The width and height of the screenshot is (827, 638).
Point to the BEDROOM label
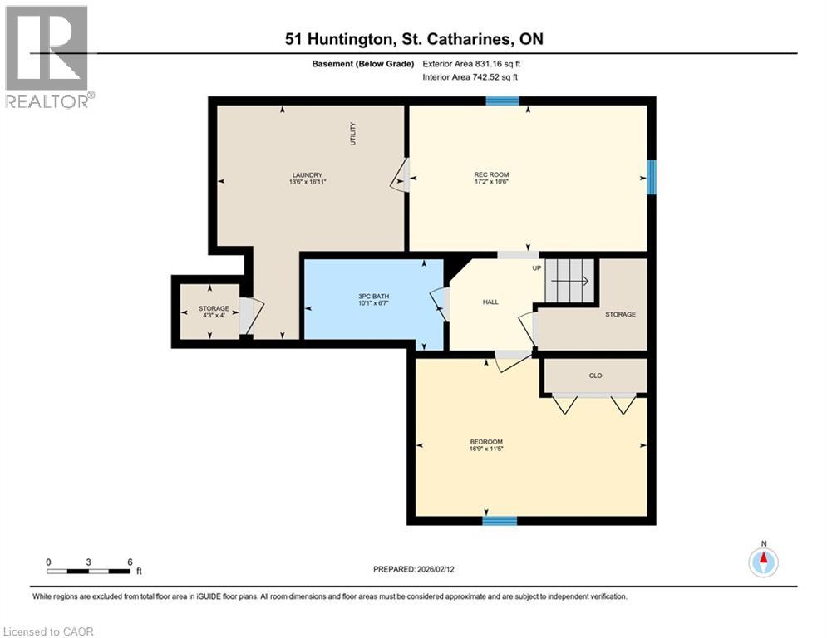(x=486, y=442)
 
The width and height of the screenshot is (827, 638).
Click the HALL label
(x=490, y=302)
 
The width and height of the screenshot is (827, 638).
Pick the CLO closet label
(x=595, y=375)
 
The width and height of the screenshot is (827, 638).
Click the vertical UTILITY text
(x=352, y=135)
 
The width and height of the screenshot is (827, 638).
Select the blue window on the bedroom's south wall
(x=500, y=521)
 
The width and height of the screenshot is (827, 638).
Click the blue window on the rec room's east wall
(x=652, y=177)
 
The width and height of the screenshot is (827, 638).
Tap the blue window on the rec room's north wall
(x=502, y=101)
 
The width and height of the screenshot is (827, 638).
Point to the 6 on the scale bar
(x=130, y=562)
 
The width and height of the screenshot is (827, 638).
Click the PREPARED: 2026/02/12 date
(x=420, y=569)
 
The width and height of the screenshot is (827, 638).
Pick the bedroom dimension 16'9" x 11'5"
(x=486, y=449)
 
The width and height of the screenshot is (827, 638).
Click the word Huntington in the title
(x=350, y=39)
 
